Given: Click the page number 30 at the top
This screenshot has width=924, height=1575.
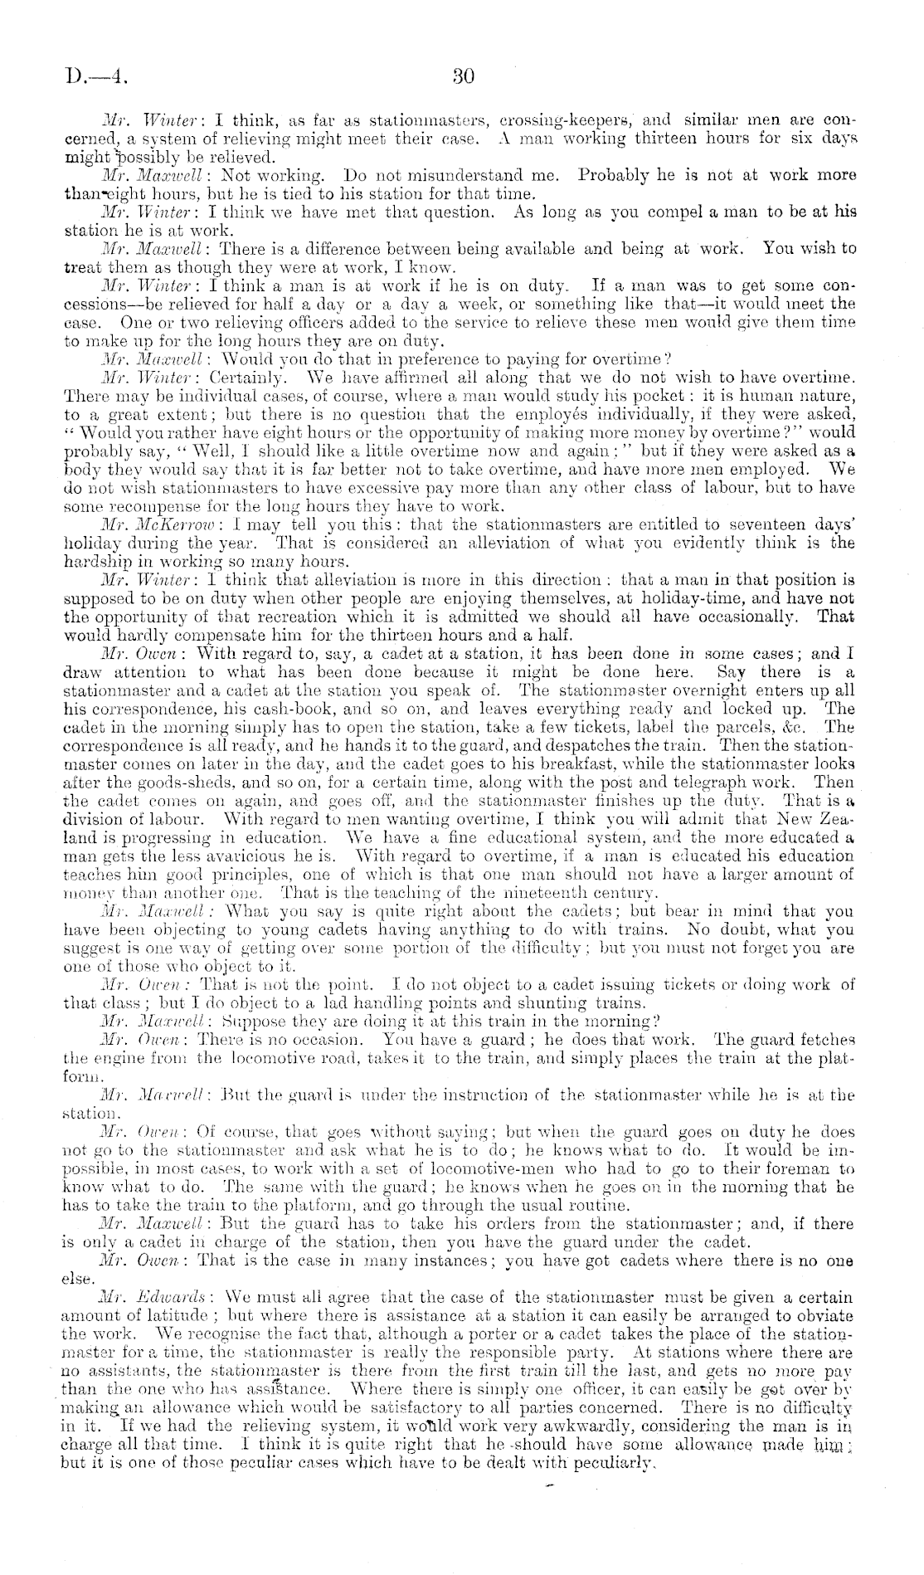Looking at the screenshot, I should pyautogui.click(x=463, y=77).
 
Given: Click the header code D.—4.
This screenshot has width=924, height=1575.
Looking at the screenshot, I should pyautogui.click(x=98, y=78).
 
